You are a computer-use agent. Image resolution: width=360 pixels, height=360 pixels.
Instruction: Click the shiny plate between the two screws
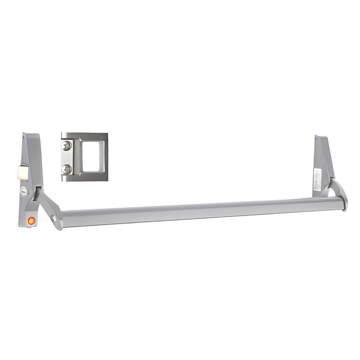pos(67,157)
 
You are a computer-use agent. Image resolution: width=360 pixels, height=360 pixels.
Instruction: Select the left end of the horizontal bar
pos(63,219)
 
